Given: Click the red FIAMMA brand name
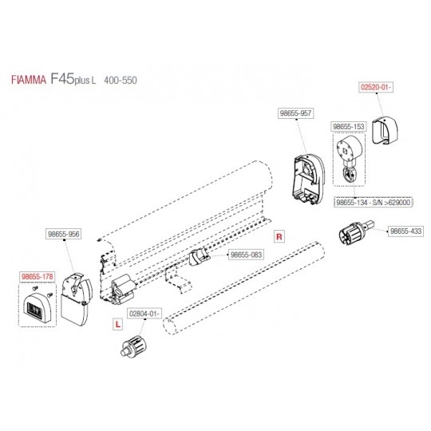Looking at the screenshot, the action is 29,80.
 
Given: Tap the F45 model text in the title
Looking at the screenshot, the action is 62,78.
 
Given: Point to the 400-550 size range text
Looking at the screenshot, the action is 121,81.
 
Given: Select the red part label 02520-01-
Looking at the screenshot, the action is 376,88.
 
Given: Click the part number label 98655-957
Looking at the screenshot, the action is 295,113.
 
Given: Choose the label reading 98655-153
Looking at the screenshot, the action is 349,127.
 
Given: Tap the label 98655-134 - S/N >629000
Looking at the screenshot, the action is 374,203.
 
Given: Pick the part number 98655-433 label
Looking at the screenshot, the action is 405,231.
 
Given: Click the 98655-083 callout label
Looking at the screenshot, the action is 246,255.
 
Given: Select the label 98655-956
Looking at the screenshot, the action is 64,234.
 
